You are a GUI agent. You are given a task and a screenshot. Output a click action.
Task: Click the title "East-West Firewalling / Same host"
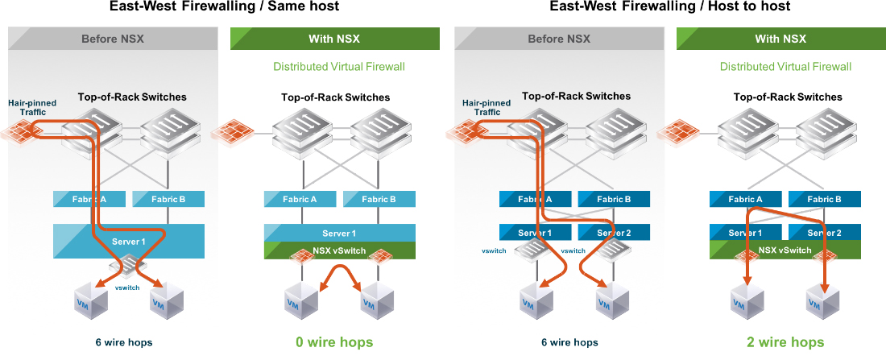225,6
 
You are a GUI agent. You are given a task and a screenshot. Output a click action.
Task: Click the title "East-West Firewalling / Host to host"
669,6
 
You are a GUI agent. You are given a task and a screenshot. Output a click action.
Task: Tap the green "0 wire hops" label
334,342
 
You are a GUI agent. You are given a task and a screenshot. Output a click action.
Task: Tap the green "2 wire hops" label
785,342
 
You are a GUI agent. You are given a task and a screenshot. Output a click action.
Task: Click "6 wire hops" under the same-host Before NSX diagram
119,342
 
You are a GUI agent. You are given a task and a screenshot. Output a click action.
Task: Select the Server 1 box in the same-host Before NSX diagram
129,241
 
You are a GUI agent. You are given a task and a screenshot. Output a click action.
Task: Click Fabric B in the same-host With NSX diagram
379,199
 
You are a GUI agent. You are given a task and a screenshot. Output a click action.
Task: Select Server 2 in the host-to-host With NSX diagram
824,233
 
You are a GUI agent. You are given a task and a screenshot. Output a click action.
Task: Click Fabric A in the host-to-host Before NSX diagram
535,199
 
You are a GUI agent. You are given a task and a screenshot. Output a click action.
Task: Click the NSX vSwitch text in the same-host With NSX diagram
339,250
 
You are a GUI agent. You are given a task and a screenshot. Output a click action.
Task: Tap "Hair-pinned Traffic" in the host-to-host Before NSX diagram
486,108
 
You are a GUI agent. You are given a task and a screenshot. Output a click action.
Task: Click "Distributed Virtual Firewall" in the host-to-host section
785,67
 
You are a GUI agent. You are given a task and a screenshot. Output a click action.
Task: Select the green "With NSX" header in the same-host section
335,39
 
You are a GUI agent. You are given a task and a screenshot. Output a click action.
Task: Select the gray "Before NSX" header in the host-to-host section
558,39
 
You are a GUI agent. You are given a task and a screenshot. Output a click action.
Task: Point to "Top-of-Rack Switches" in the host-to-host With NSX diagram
788,97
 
